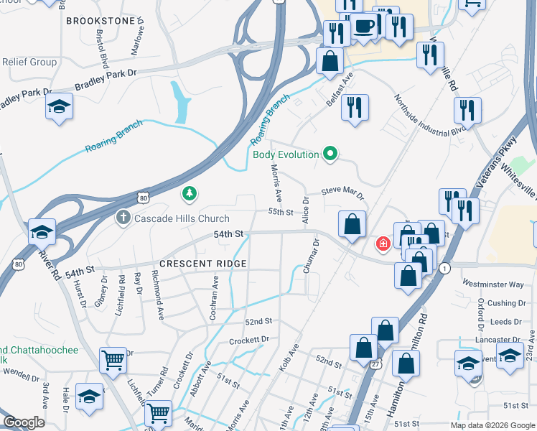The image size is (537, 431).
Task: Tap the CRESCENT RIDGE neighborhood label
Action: [203, 264]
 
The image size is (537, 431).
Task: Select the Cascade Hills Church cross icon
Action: [123, 218]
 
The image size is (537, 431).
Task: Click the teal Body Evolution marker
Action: [330, 153]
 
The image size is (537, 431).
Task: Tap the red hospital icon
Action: [384, 244]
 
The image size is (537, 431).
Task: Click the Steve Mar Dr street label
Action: [342, 192]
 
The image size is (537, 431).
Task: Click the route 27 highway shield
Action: [375, 345]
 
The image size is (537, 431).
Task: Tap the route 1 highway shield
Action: [445, 268]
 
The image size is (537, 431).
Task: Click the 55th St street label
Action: [281, 212]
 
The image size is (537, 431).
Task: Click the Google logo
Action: [23, 422]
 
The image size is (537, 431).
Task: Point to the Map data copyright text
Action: [492, 425]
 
